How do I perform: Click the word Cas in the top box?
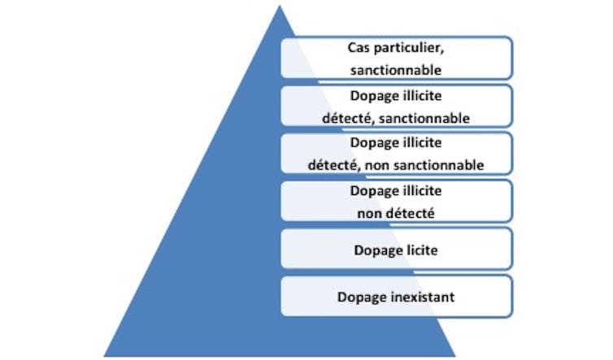click(x=358, y=48)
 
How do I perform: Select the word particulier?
click(x=408, y=49)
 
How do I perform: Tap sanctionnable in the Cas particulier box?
click(x=396, y=71)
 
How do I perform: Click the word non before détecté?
click(x=369, y=214)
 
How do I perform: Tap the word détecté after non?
click(x=410, y=213)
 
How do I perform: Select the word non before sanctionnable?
click(x=377, y=166)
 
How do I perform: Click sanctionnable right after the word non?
click(x=438, y=165)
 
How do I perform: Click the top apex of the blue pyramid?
click(x=280, y=5)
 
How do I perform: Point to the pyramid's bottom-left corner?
click(x=104, y=356)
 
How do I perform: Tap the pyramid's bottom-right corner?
click(x=455, y=356)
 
